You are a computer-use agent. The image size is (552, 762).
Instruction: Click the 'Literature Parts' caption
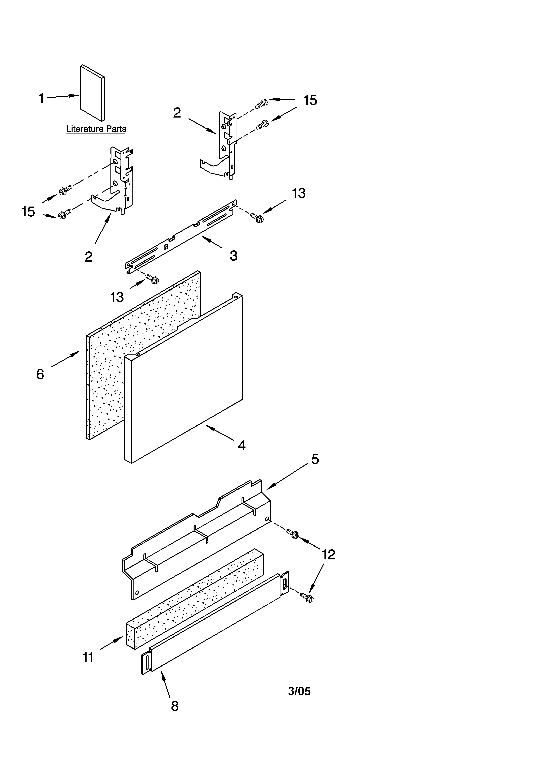96,129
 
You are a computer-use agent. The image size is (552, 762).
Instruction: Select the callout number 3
234,256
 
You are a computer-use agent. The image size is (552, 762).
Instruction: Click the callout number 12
328,555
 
